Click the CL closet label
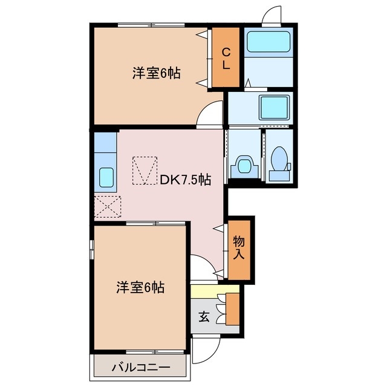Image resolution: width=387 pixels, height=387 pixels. (226, 58)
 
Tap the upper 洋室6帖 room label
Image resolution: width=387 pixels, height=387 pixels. (157, 73)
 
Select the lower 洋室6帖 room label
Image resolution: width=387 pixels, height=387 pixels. (140, 287)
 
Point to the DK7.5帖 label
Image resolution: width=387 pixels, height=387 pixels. (186, 180)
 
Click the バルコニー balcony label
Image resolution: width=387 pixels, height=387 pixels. (141, 368)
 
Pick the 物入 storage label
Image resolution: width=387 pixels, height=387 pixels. (239, 247)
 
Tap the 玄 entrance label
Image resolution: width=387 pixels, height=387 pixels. (204, 317)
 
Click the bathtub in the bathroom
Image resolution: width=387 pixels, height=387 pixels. (268, 42)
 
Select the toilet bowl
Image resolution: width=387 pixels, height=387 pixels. (279, 158)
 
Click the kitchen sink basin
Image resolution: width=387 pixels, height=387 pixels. (106, 177)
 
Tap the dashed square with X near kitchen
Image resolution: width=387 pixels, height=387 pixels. (108, 207)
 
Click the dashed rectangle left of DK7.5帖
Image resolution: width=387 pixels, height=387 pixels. (145, 171)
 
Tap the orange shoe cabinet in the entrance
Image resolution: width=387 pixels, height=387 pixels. (233, 309)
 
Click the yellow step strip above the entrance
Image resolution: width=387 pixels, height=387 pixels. (215, 291)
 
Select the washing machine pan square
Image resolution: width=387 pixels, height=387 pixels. (274, 107)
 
